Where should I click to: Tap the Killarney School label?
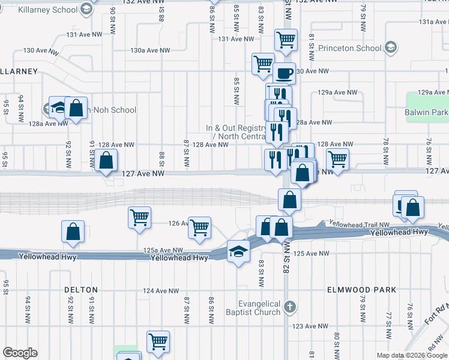click(x=48, y=10)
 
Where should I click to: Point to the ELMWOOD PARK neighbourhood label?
click(x=361, y=290)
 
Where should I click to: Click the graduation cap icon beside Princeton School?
click(x=391, y=47)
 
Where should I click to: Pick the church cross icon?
click(x=290, y=308)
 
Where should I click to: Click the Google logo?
click(x=20, y=353)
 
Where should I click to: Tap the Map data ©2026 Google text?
click(x=412, y=355)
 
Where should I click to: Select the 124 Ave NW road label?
click(x=161, y=291)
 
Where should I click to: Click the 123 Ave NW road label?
click(x=310, y=326)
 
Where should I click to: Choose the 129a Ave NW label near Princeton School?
click(x=337, y=92)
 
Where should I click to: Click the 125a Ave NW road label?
click(x=163, y=250)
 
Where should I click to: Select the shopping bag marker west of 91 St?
click(x=73, y=232)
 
